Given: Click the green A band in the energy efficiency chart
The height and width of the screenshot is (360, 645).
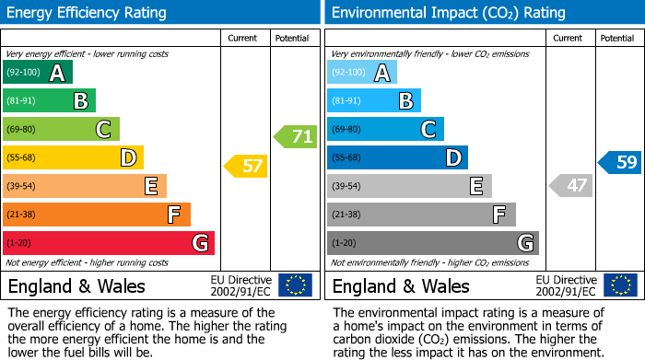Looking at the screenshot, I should [38, 73].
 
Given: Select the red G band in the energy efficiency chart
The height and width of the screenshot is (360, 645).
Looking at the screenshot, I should [109, 243].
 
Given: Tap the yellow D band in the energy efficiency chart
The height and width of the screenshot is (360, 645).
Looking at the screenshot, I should [73, 158].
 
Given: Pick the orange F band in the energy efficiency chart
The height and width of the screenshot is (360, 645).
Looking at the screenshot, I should [97, 215].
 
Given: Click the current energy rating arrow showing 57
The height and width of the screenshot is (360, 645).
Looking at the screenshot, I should [246, 167].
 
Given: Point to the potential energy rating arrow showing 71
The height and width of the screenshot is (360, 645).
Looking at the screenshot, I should [296, 137].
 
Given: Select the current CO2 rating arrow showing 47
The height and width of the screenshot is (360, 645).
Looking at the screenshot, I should [570, 185].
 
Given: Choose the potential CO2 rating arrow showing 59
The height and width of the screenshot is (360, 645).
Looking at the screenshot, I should [620, 163].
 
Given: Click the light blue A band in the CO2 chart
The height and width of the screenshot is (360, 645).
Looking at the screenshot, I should [362, 73].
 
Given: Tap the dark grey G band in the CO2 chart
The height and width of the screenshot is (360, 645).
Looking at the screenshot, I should [432, 243].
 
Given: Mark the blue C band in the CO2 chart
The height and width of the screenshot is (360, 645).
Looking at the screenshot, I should [385, 130].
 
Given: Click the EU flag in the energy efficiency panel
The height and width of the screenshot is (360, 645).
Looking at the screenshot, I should [295, 285].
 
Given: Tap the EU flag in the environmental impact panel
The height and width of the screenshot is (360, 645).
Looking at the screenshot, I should [621, 285].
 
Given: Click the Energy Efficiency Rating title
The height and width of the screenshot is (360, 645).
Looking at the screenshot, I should [88, 13].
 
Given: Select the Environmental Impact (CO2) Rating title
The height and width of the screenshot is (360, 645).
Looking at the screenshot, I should [448, 13].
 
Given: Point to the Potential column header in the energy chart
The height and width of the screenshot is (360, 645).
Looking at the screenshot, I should [292, 38].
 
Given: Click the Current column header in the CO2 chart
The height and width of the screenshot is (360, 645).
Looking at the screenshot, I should [569, 38].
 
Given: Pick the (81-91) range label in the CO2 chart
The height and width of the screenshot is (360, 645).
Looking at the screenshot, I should [346, 101].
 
